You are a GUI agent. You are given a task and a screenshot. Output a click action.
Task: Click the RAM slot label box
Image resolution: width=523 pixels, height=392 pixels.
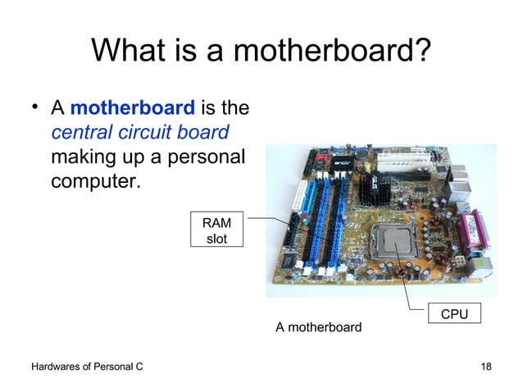216,230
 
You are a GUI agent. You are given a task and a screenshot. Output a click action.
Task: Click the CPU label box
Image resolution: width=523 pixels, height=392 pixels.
455,314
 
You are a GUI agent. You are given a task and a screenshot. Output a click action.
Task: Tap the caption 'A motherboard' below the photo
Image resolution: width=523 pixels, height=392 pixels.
318,328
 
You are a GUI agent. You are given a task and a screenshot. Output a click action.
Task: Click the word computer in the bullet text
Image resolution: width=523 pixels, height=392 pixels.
95,180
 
